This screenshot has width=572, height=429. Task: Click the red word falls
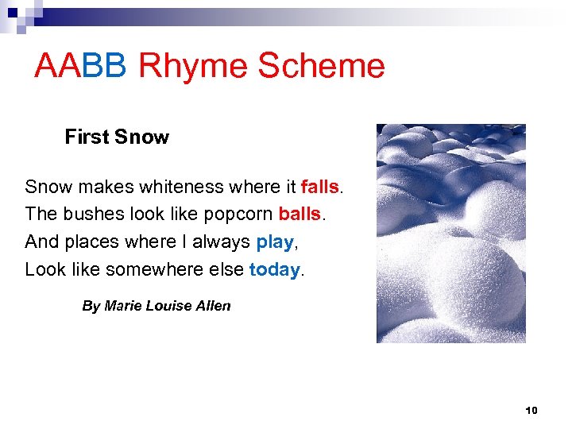[320, 187]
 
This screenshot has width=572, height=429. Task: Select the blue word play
[274, 242]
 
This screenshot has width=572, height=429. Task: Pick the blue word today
[274, 269]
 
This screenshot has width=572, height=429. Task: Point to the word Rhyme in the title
[193, 66]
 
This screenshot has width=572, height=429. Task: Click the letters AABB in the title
[80, 66]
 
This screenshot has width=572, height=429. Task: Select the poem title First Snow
[117, 137]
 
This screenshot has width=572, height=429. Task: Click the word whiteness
[181, 187]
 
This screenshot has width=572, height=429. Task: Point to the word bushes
[88, 214]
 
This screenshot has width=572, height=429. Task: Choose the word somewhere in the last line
[155, 269]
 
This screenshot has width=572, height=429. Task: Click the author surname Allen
[213, 306]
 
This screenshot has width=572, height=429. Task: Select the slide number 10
[531, 411]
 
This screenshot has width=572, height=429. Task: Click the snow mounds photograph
[450, 233]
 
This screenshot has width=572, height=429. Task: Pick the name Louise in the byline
[168, 306]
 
